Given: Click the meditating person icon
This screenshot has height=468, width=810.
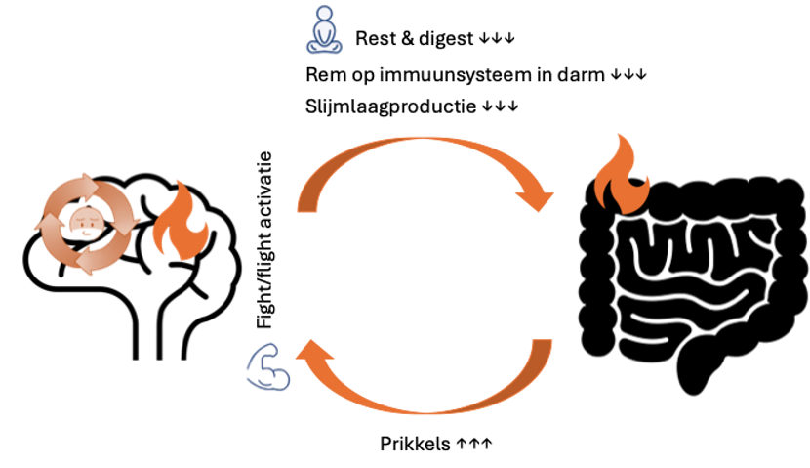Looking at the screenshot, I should (324, 30).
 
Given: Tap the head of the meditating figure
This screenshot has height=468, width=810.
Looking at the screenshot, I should (324, 14).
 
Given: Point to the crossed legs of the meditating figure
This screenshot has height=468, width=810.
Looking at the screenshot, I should (324, 47).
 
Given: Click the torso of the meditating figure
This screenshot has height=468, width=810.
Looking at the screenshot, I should (324, 31).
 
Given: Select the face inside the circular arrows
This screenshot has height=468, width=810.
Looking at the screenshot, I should (87, 224).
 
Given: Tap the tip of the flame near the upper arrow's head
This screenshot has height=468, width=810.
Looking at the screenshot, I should (617, 133).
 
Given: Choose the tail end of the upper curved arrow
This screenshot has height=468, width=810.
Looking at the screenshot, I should (307, 205).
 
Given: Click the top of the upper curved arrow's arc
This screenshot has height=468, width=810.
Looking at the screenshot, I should (420, 141).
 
